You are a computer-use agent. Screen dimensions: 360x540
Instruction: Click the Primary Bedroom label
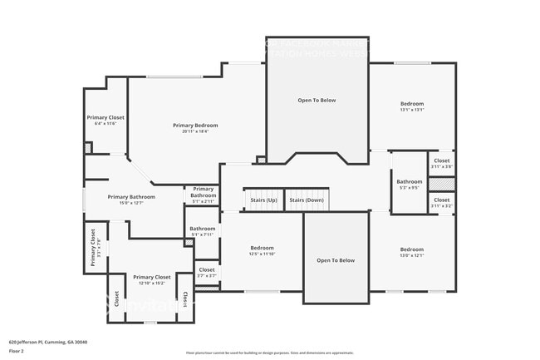coord(195,125)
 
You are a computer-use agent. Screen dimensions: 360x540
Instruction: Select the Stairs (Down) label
coord(307,200)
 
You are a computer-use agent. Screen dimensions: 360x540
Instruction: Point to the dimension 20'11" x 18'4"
coord(195,131)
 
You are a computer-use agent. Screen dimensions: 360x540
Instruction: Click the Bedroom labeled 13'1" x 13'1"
coord(412,106)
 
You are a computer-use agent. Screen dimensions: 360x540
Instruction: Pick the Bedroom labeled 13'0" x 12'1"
coord(411,252)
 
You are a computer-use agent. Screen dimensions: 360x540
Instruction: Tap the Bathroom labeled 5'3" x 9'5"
coord(409,184)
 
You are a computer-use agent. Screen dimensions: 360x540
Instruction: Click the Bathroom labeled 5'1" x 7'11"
coord(202,231)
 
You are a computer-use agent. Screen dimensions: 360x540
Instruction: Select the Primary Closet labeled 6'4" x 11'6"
coord(106,121)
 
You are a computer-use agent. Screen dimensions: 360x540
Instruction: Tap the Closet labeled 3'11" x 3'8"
coord(442,163)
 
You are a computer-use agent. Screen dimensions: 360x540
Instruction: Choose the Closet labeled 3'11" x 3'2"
coord(442,202)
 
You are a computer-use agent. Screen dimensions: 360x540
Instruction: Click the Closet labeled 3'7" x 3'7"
coord(207,272)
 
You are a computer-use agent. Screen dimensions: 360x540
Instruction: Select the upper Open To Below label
coord(317,100)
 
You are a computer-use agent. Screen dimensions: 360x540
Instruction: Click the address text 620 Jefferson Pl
coord(47,342)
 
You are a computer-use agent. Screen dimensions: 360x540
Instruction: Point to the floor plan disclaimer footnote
coord(269,353)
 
